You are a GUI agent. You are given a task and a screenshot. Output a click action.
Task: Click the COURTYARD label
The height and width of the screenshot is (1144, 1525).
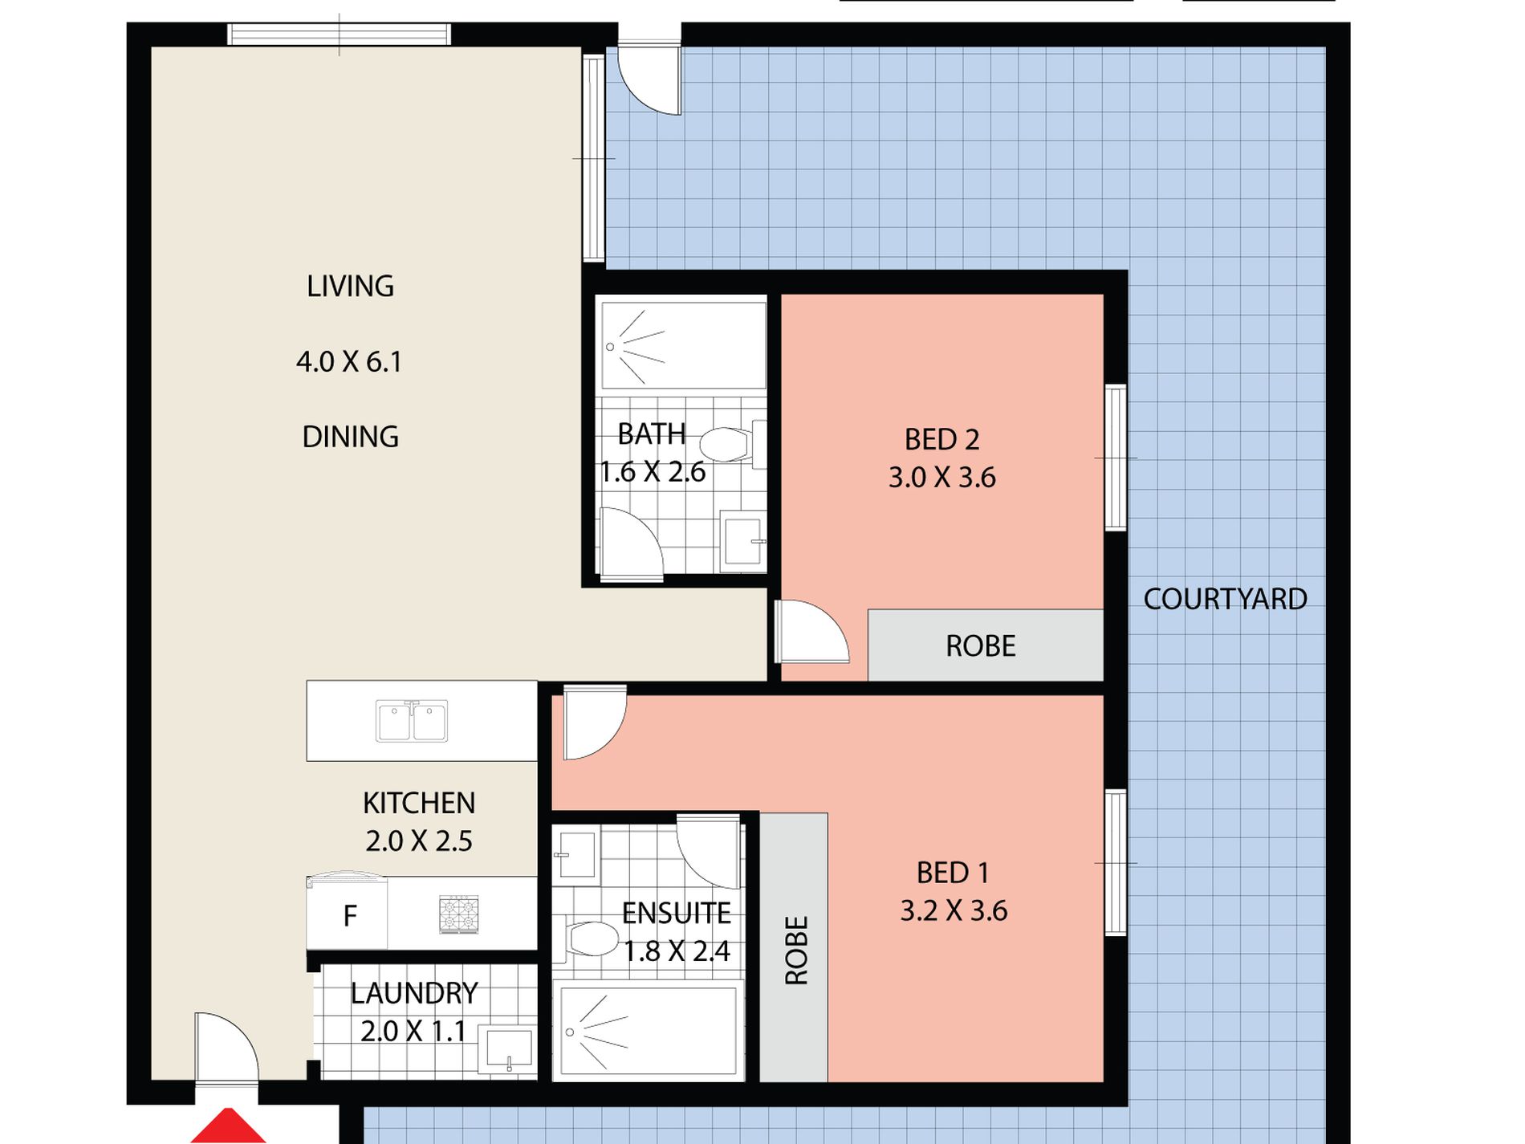click(x=1225, y=599)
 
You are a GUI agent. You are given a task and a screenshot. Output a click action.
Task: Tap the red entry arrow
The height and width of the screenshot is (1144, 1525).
click(x=229, y=1126)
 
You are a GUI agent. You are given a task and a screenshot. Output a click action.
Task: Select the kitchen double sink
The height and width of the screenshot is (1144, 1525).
click(x=413, y=720)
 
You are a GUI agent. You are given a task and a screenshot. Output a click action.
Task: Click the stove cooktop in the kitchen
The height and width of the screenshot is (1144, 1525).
click(x=459, y=914)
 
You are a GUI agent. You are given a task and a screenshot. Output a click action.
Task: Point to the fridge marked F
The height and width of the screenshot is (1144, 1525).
click(x=348, y=913)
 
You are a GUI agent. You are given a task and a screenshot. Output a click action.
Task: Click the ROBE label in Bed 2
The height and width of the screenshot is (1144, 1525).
click(x=980, y=646)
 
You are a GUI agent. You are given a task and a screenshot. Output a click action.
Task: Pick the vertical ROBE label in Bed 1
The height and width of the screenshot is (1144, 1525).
click(x=796, y=951)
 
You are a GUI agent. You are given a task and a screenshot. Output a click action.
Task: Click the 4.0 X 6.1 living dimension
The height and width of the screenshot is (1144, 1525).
click(x=349, y=362)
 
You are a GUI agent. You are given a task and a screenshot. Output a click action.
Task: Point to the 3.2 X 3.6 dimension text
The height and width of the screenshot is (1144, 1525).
click(x=954, y=911)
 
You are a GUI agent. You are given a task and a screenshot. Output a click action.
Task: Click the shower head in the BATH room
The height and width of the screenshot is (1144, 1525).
click(x=611, y=347)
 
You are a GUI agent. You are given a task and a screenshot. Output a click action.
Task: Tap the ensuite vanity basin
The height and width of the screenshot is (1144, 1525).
click(x=575, y=857)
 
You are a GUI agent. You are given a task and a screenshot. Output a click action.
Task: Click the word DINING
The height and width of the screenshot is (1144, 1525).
click(x=350, y=437)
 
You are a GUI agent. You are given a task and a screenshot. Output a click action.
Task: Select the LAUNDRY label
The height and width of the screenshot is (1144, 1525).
click(x=414, y=993)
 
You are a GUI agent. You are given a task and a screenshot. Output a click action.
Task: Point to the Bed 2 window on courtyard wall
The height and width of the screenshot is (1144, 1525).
click(x=1116, y=458)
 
